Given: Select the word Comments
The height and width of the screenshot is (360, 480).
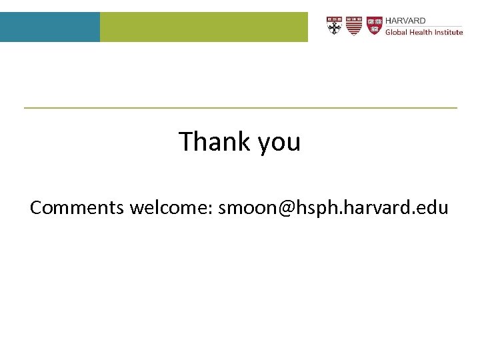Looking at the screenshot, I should (77, 208).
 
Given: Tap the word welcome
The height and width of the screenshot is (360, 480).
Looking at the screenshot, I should (169, 208).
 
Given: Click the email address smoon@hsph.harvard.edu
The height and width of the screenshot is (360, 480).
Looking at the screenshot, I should (333, 208).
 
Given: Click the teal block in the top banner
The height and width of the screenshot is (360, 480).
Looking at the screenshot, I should (50, 27).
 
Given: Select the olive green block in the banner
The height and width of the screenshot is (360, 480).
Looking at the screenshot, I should (203, 27).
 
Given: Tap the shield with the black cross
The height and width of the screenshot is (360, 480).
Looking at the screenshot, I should (335, 26).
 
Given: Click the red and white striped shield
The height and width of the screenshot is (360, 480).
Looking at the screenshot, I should (354, 26).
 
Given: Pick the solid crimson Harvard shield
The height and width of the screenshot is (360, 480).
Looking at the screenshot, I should (375, 26).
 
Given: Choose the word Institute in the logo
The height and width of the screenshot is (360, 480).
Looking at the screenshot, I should (450, 32).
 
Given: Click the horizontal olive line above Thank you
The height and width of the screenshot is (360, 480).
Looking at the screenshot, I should (240, 107).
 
